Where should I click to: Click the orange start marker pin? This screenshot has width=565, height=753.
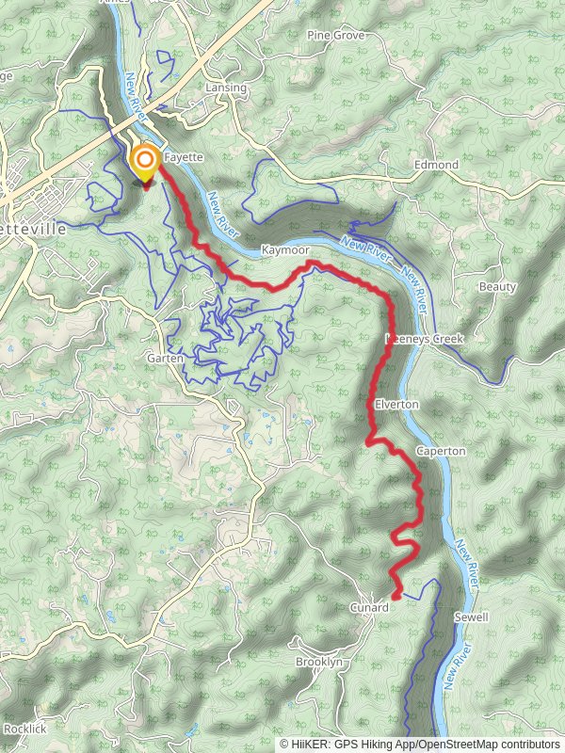[x=144, y=163]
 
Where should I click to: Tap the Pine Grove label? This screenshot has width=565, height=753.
[x=336, y=35]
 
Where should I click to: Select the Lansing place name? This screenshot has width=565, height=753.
[x=226, y=88]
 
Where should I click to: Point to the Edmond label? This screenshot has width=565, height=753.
[x=437, y=165]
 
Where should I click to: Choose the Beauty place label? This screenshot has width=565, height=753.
[x=497, y=286]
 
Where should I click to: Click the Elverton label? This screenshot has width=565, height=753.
[x=396, y=404]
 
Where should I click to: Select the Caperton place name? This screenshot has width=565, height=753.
[x=441, y=451]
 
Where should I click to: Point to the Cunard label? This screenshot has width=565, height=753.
[x=368, y=608]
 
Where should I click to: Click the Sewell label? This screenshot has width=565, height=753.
[x=471, y=617]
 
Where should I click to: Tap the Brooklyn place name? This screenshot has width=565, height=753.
[x=319, y=662]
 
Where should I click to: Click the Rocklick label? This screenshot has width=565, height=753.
[x=24, y=729]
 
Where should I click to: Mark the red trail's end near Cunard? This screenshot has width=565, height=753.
[x=396, y=595]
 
